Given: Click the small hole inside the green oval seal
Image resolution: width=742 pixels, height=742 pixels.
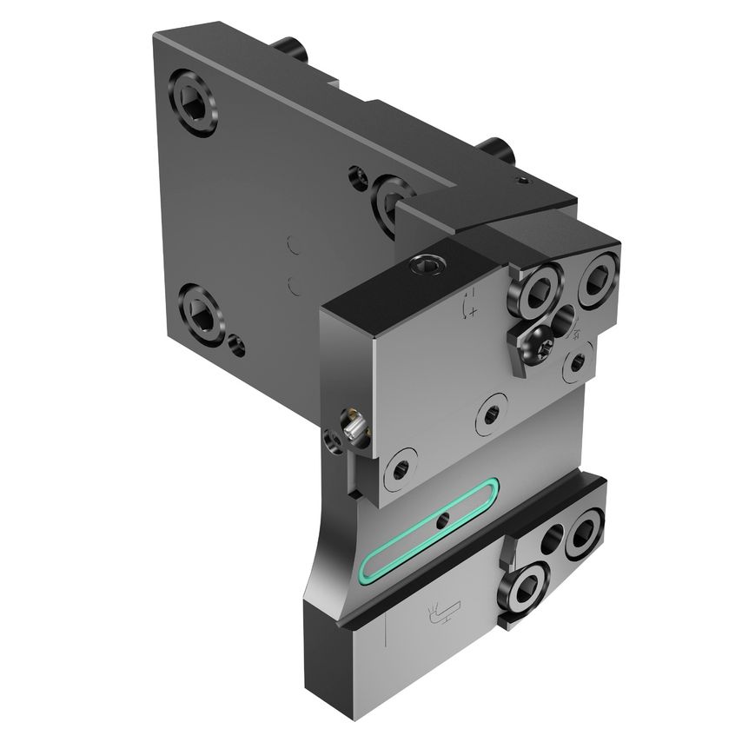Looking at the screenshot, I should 443,521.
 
